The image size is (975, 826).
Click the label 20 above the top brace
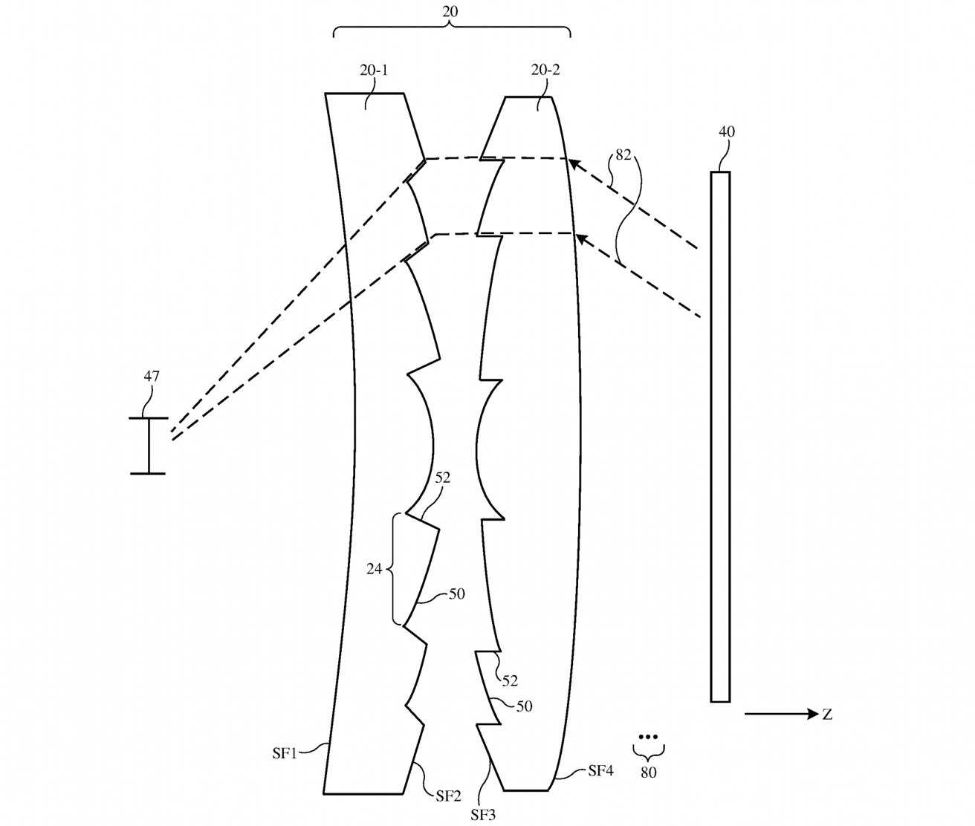click(x=450, y=11)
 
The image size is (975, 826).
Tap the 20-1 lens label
click(x=374, y=71)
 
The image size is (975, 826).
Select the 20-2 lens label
click(x=545, y=71)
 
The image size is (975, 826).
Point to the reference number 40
click(x=726, y=131)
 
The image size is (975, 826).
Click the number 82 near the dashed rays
click(x=623, y=155)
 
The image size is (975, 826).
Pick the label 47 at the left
click(x=152, y=376)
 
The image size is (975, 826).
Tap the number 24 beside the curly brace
click(x=374, y=569)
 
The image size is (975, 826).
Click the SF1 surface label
click(x=285, y=753)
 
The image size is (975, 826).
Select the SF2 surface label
click(x=448, y=796)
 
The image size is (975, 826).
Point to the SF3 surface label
click(x=483, y=815)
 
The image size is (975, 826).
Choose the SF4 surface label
click(x=600, y=771)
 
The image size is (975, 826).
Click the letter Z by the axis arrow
click(x=827, y=715)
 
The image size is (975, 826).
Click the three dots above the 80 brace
click(x=647, y=736)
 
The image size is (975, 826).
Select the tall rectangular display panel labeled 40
click(x=720, y=437)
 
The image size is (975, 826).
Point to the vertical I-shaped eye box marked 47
click(x=148, y=446)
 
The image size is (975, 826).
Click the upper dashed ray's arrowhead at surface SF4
click(x=574, y=165)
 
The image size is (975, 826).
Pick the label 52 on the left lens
click(x=442, y=478)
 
